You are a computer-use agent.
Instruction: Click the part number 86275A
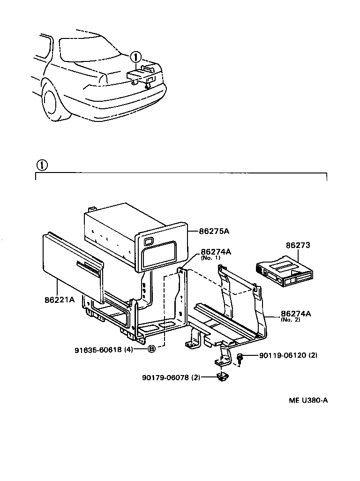[214, 232]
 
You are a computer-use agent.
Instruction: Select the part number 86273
[298, 245]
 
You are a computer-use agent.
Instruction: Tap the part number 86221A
[60, 299]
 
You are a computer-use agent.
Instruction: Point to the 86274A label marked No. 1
[216, 252]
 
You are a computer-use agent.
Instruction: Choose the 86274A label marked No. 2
[296, 314]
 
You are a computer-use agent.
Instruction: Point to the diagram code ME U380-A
[307, 401]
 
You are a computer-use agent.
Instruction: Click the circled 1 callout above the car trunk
[135, 57]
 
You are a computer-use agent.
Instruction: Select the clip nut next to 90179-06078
[221, 376]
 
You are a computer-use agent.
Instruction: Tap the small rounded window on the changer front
[148, 242]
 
